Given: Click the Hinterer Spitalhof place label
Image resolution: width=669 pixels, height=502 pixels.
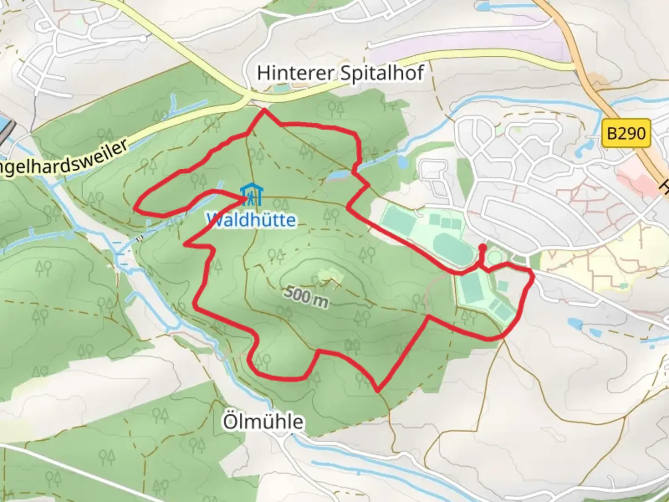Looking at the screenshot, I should [341, 73].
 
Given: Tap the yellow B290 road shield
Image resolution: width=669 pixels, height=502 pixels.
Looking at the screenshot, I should [626, 133].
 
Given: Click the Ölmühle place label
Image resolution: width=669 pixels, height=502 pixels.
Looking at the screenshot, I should [263, 422].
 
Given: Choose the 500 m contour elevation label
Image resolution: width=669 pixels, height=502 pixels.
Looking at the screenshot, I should [305, 296].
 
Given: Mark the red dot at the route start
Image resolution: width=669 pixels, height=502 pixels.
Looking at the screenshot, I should [482, 247].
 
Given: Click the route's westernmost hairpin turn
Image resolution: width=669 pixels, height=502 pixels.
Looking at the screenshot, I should [136, 208].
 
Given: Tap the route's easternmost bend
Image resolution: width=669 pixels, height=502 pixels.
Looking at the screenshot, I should [532, 277].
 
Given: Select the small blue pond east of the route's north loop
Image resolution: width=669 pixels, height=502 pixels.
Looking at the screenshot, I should [402, 162].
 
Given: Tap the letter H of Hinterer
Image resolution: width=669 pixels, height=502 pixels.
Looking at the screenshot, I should [263, 73].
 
